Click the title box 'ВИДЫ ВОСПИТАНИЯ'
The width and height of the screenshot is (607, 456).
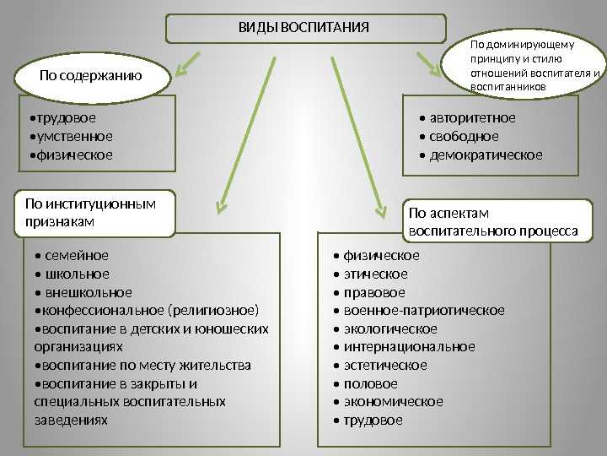[x=306, y=29]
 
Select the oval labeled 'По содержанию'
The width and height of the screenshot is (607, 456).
[x=92, y=78]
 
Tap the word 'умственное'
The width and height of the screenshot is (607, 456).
[x=75, y=137]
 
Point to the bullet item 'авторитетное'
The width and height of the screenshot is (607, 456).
[x=472, y=118]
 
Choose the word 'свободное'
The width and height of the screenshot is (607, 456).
[x=464, y=137]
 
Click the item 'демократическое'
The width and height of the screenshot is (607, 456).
[x=486, y=155]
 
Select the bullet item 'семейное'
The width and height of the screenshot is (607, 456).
[x=77, y=256]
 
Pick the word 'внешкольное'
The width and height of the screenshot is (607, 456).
[x=89, y=292]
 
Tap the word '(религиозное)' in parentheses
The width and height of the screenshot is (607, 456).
[x=213, y=311]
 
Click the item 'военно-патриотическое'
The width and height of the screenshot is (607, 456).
[x=424, y=311]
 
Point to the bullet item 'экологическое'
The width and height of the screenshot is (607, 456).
[x=390, y=328]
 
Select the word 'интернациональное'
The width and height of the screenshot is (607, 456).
[x=409, y=347]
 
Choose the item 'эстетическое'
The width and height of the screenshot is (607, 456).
[x=385, y=366]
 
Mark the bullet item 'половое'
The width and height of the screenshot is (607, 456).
[x=370, y=384]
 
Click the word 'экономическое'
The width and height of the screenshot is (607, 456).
[x=394, y=402]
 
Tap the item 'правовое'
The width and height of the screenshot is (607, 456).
[x=374, y=292]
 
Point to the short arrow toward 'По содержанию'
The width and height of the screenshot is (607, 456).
[x=188, y=63]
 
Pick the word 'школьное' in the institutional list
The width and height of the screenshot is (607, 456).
[x=77, y=274]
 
